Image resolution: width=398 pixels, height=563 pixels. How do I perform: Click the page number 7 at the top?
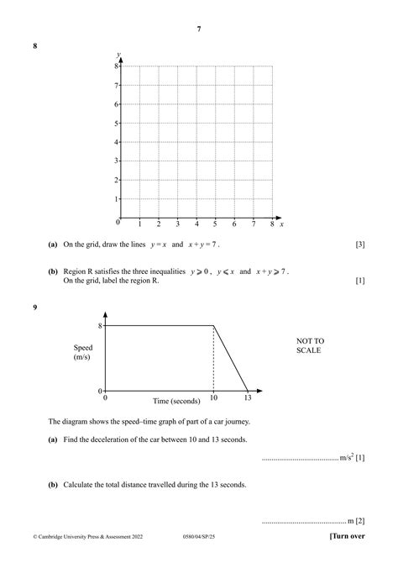point(199,29)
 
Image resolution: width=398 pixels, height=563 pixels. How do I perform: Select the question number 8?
point(34,47)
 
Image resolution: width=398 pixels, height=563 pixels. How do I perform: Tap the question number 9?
point(34,308)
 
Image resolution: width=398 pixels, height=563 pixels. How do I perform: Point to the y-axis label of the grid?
point(118,54)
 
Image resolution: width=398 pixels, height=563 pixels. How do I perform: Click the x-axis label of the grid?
point(281,224)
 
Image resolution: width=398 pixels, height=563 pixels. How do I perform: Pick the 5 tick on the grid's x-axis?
point(215,224)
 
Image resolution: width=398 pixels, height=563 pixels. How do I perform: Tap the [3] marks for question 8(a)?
point(359,245)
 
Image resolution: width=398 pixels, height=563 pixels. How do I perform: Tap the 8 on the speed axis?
point(100,326)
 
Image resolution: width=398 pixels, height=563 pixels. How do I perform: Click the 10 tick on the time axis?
point(214,401)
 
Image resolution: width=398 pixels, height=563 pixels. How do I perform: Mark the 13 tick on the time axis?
point(246,401)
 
